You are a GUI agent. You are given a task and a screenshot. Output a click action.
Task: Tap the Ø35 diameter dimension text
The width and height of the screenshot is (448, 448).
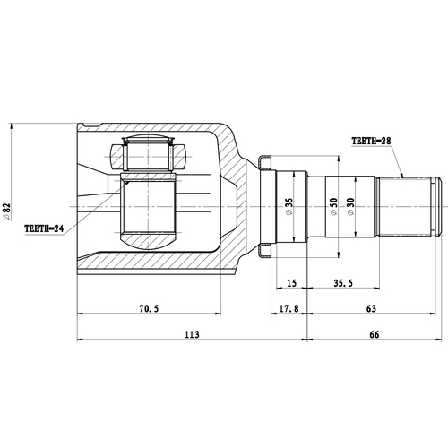pos(289,208)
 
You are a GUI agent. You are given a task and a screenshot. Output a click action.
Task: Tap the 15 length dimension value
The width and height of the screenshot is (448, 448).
pos(291,284)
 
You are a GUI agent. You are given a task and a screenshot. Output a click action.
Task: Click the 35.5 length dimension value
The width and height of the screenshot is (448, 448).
pos(341,284)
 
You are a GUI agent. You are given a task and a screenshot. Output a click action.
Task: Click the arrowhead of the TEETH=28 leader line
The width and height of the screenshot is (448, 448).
pos(404,176)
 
